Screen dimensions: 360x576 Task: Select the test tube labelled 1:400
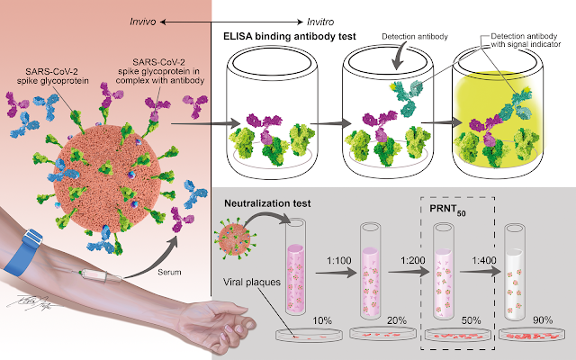514,270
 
